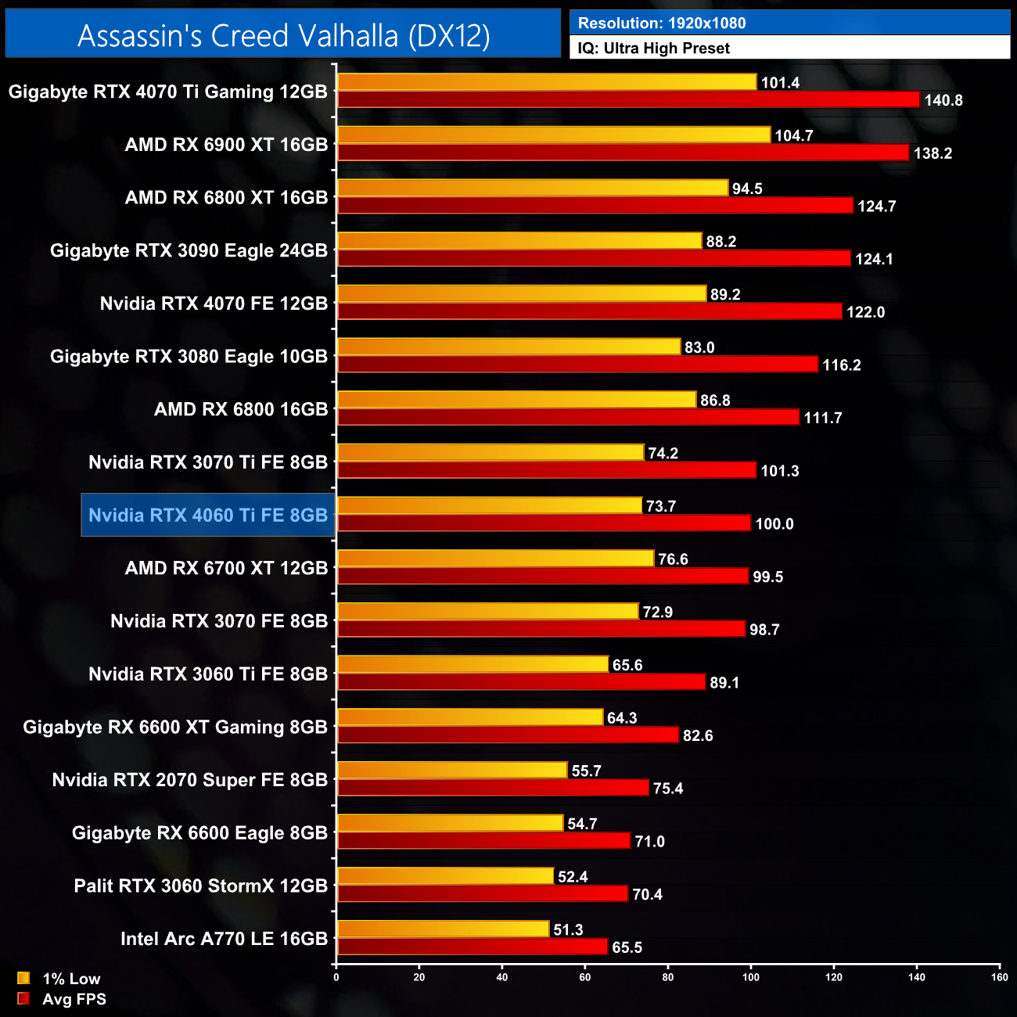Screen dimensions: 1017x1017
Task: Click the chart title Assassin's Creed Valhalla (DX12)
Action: point(283,35)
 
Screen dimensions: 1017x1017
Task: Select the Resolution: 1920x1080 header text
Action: point(662,23)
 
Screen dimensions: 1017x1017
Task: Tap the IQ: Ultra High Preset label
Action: point(653,49)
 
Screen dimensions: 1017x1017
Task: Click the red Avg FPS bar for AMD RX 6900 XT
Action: point(623,153)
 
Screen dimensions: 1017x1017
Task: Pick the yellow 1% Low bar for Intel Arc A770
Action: point(444,929)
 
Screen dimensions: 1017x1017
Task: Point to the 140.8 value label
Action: point(943,100)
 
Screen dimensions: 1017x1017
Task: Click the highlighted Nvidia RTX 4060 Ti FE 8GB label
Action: point(208,516)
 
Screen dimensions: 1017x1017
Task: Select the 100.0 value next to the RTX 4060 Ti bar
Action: point(774,524)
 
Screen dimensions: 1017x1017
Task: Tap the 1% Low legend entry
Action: point(70,979)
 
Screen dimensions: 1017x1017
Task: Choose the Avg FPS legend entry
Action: point(74,999)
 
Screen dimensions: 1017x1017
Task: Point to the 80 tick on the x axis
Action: point(668,977)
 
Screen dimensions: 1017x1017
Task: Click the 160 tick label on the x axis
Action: point(999,977)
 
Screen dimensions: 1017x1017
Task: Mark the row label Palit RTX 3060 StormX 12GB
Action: point(200,886)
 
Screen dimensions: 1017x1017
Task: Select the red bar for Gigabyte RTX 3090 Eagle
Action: point(594,258)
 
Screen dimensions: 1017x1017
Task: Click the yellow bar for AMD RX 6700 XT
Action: point(495,559)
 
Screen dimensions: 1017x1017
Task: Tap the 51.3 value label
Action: point(568,930)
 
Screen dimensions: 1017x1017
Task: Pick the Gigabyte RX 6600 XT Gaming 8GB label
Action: point(175,728)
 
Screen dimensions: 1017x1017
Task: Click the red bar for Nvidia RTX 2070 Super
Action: point(493,788)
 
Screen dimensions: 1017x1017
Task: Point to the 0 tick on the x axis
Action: point(336,977)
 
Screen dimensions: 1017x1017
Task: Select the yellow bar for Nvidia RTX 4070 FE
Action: point(522,294)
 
